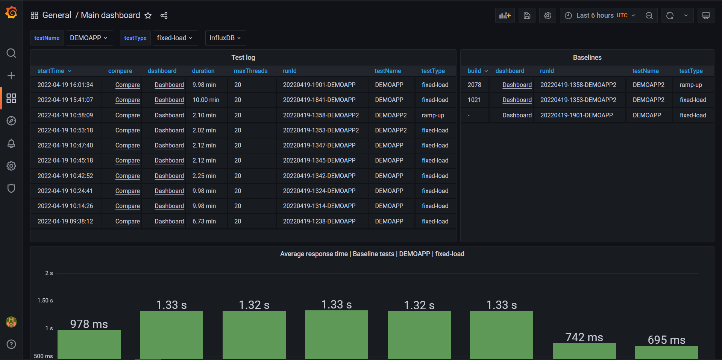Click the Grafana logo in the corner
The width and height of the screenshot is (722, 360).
click(x=11, y=12)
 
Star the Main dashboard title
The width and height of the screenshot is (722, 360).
click(x=148, y=15)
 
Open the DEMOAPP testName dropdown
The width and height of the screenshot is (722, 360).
click(x=89, y=38)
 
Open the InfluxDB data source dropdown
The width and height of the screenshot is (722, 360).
click(x=225, y=38)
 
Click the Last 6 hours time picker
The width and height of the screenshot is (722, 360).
click(x=601, y=15)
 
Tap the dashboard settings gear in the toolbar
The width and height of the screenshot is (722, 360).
click(x=548, y=15)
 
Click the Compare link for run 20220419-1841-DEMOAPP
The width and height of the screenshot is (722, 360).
click(x=127, y=100)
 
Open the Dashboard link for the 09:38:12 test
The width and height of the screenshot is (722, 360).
click(x=169, y=222)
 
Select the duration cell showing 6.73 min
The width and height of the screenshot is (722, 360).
click(x=204, y=222)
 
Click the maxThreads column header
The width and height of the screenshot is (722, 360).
click(x=250, y=71)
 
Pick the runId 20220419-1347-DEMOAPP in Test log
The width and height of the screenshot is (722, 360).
click(x=319, y=146)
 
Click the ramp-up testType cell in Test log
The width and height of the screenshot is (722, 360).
click(x=433, y=115)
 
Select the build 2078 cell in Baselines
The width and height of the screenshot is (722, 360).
click(x=474, y=85)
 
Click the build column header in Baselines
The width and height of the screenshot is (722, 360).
click(x=474, y=71)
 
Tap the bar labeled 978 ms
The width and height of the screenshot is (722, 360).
click(x=89, y=344)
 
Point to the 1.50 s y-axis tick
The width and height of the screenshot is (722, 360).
click(x=45, y=301)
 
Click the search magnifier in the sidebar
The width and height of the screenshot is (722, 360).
click(x=11, y=53)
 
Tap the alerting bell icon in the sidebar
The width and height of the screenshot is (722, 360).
click(x=11, y=143)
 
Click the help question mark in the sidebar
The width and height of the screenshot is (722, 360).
click(x=11, y=344)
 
